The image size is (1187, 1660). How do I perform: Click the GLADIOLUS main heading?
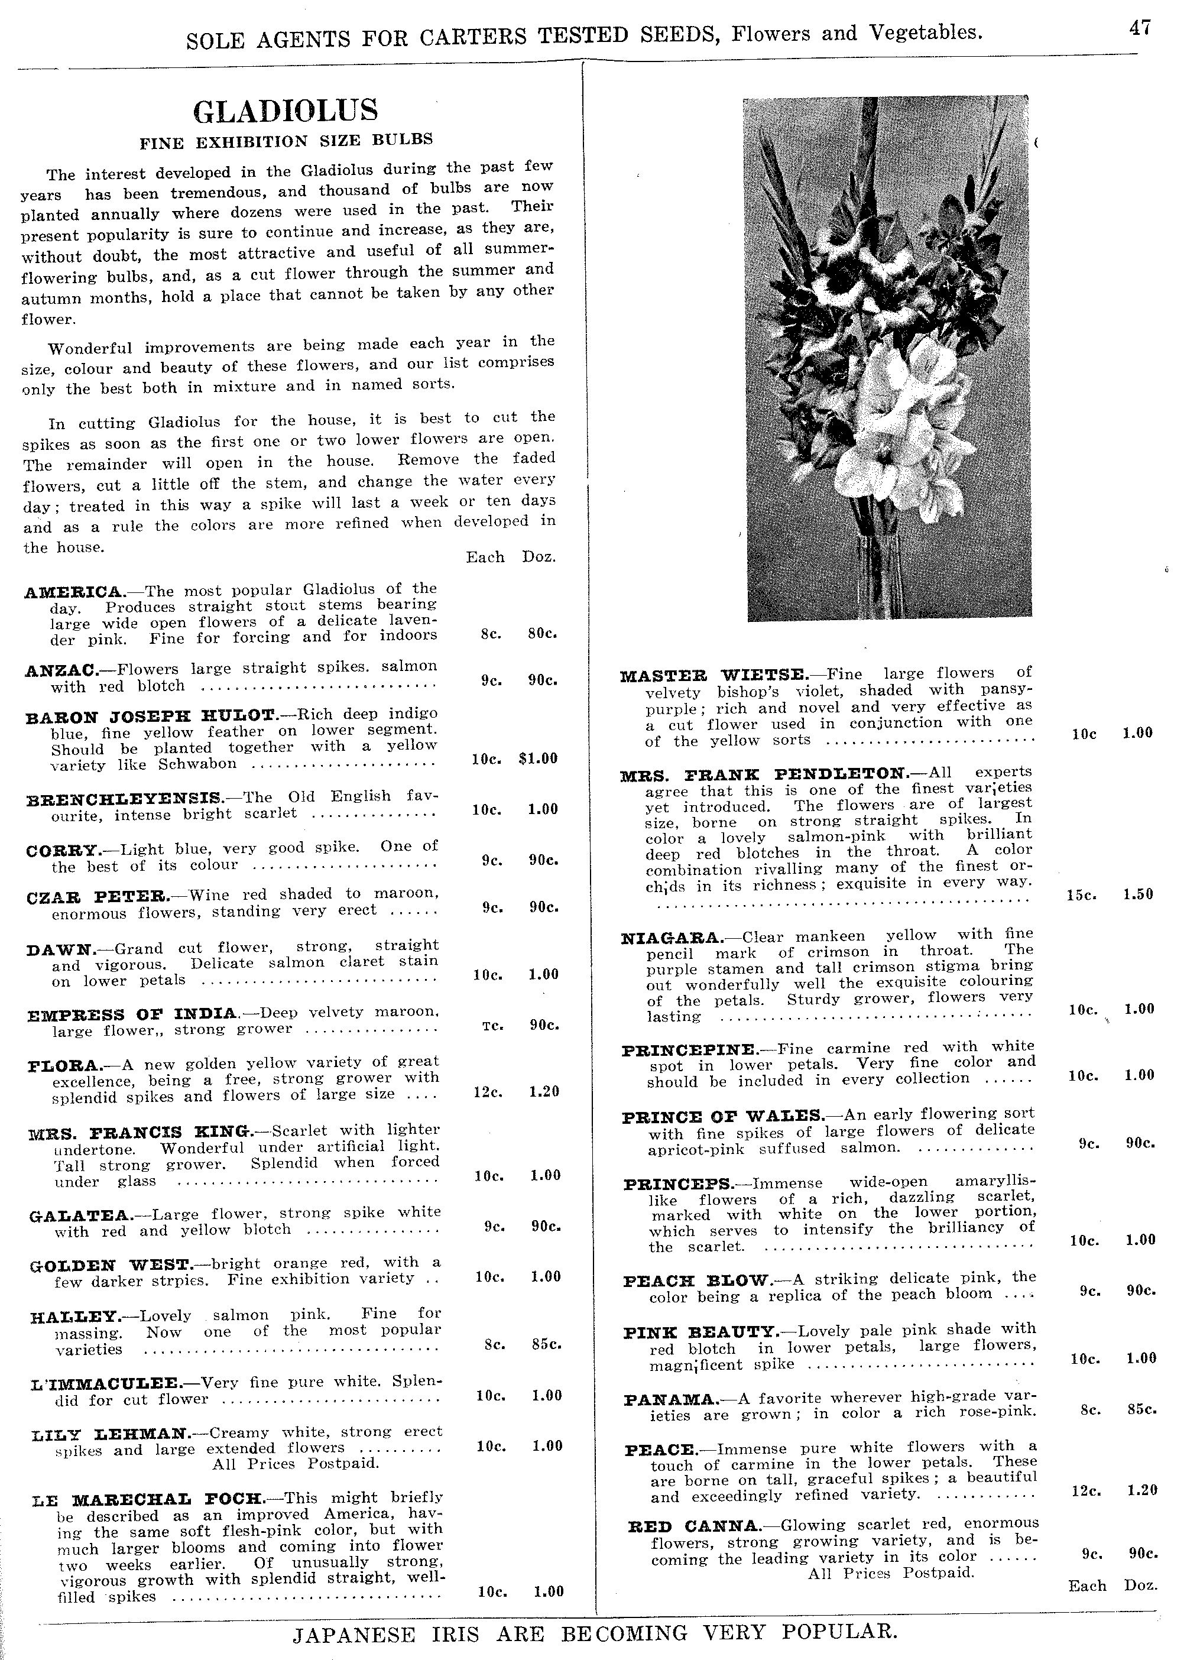click(x=286, y=111)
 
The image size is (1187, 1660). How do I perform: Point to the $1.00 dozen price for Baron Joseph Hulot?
click(x=538, y=758)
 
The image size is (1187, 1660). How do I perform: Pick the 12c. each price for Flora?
click(x=486, y=1091)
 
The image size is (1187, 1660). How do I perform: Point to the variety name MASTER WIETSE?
click(x=714, y=675)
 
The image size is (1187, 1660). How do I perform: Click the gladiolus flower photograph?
click(x=887, y=358)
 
